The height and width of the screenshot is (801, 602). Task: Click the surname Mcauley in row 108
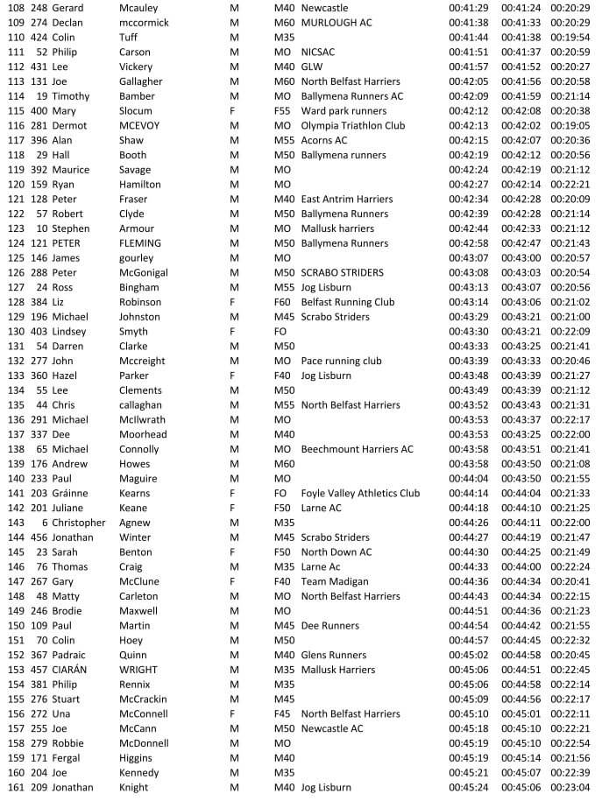pos(139,8)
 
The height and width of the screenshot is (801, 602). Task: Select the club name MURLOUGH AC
pos(336,23)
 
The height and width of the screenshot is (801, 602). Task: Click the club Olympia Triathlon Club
pos(352,125)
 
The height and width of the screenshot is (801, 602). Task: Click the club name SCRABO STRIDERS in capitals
pos(342,272)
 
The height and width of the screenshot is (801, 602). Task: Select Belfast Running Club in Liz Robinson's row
pos(347,302)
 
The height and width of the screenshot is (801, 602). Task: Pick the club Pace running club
pos(341,361)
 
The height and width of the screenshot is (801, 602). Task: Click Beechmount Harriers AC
pos(357,449)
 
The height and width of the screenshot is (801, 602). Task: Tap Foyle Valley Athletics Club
pos(360,493)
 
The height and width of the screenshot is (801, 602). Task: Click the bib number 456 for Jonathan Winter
pos(38,537)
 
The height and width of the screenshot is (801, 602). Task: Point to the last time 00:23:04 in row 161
pos(570,787)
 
